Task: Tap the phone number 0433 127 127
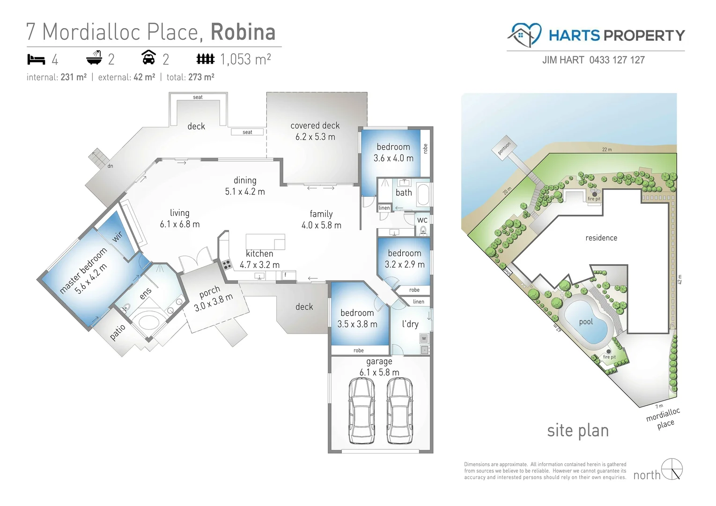[617, 60]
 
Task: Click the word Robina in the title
[243, 32]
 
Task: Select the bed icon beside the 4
[36, 60]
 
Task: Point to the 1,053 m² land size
[245, 60]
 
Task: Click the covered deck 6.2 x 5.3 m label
[315, 131]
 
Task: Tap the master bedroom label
[83, 271]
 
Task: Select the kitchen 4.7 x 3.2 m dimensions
[259, 265]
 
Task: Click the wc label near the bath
[422, 220]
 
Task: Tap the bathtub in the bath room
[423, 195]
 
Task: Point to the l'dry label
[410, 324]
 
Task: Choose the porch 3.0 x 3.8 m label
[213, 299]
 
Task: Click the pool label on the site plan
[586, 322]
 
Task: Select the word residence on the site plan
[601, 238]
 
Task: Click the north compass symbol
[672, 469]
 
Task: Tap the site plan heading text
[577, 431]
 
